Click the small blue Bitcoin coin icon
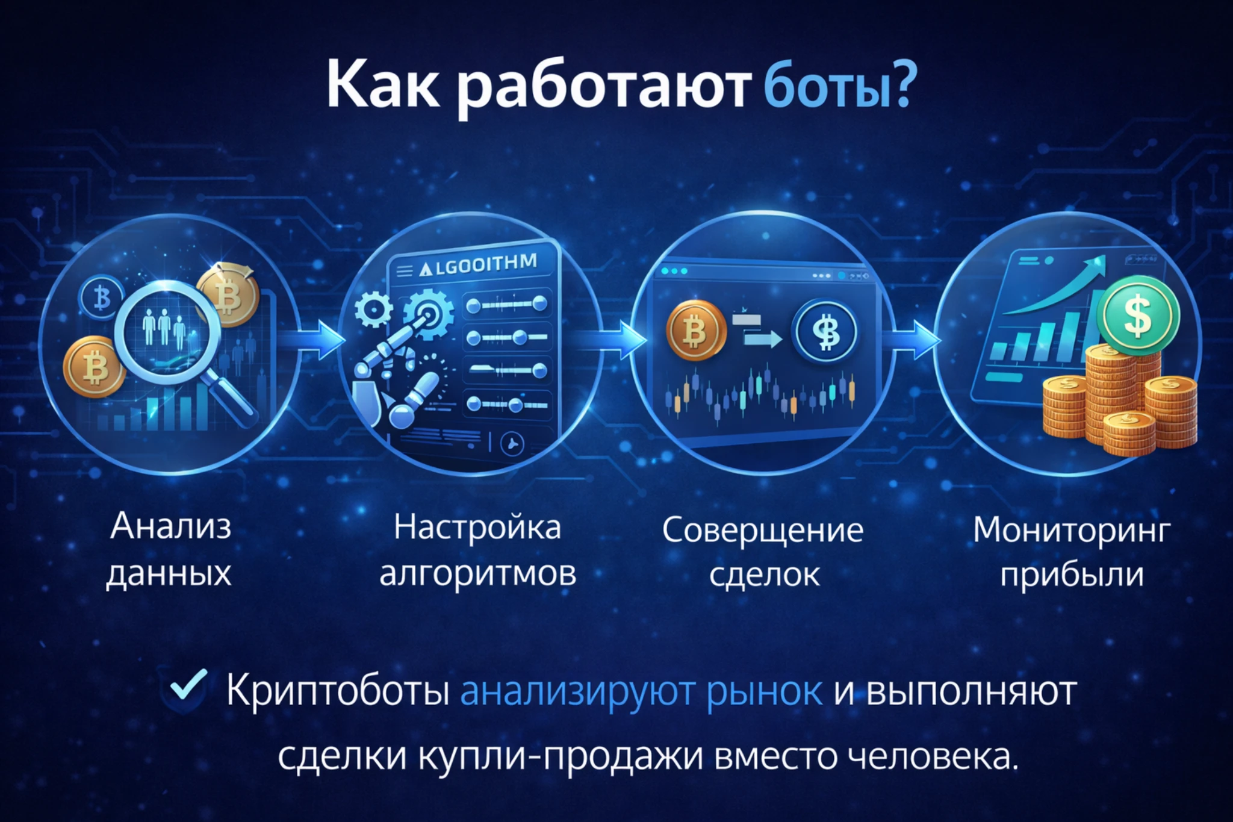coord(101,297)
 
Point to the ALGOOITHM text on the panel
coord(479,265)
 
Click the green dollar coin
coord(1137,315)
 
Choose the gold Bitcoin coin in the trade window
coord(695,331)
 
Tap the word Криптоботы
coord(338,691)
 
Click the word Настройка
coord(477,528)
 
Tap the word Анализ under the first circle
coord(170,526)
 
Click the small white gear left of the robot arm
coord(373,310)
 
